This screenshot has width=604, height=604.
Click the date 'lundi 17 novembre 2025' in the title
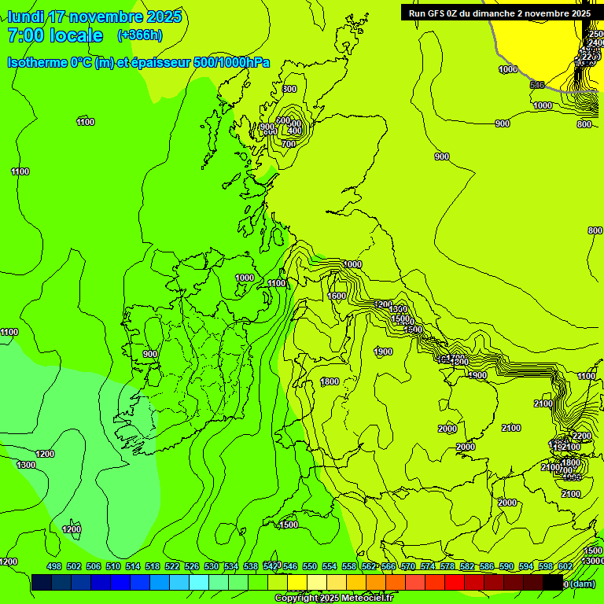94,17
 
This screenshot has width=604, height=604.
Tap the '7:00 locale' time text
55,35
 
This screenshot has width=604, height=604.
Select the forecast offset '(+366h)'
140,35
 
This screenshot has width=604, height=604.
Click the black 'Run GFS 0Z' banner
499,13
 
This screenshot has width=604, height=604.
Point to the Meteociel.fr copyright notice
333,598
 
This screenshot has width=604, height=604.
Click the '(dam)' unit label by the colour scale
580,584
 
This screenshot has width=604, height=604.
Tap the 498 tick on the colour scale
54,566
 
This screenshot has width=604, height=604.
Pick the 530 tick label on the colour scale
212,566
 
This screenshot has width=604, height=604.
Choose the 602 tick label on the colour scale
565,566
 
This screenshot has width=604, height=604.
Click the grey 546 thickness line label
537,85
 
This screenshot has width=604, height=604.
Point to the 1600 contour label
337,296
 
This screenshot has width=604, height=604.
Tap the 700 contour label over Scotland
289,144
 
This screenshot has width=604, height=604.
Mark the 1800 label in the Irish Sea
330,381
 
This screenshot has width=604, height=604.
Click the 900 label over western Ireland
150,354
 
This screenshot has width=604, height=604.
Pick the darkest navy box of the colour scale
42,583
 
